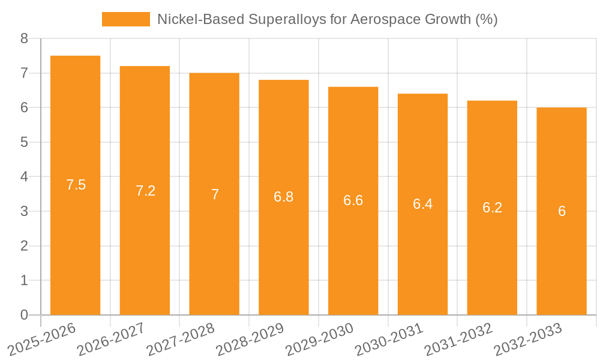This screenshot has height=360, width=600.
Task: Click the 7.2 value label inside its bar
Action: (145, 191)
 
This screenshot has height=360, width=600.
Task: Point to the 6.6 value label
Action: (353, 200)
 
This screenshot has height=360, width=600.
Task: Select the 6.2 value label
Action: (492, 208)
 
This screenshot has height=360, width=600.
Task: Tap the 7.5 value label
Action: (76, 185)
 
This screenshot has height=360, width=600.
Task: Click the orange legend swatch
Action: (125, 19)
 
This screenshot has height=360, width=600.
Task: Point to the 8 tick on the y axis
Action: (24, 39)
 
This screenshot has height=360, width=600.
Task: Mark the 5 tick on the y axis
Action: (24, 142)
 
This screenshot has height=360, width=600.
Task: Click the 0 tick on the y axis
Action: (24, 315)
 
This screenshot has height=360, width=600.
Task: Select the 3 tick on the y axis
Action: (24, 211)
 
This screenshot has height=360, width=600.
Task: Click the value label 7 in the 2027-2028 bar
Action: (215, 194)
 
